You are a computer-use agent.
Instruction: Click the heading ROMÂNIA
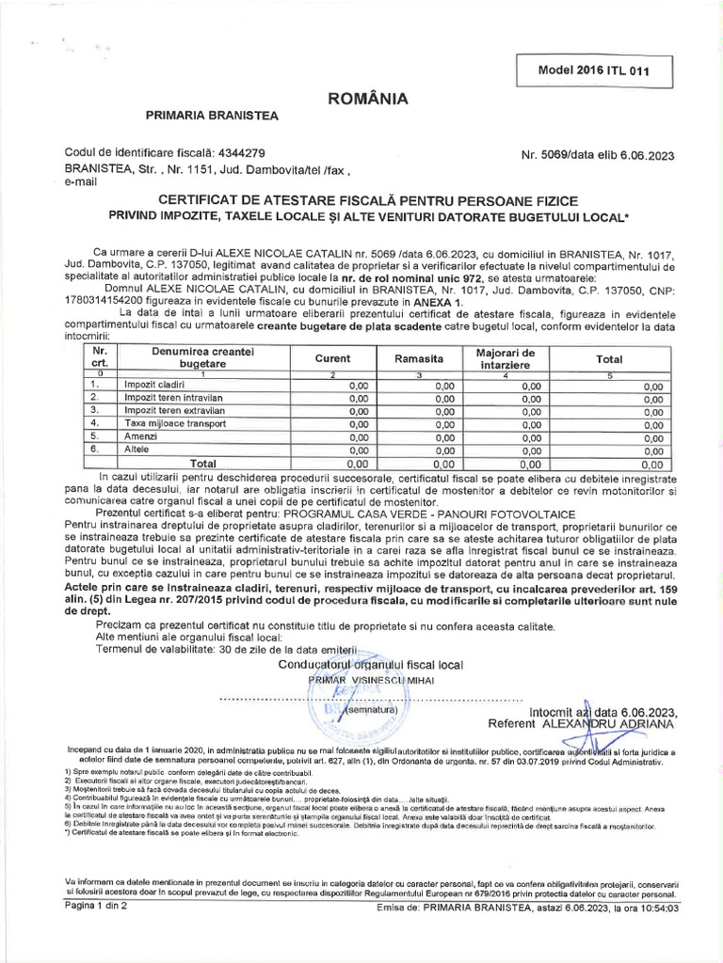(x=367, y=98)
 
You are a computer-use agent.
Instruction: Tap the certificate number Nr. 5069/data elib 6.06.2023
(x=597, y=155)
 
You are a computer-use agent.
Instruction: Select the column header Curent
(x=332, y=358)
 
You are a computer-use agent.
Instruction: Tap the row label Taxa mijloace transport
(x=175, y=423)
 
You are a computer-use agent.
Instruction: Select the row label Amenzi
(x=142, y=436)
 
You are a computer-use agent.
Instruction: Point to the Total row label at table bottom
(x=202, y=464)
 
